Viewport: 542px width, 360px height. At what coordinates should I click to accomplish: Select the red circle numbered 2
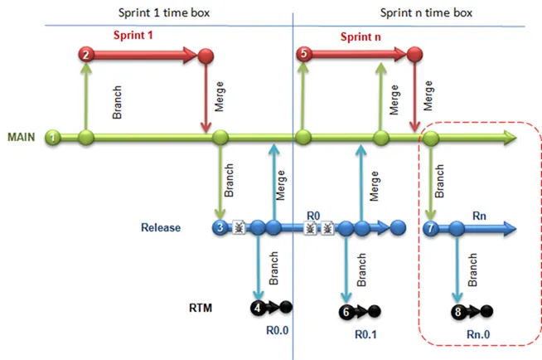86,55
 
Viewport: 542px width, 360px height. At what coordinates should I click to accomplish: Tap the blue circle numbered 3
220,226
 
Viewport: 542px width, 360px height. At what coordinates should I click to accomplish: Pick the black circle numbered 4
259,308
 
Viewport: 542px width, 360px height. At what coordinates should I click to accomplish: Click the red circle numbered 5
304,55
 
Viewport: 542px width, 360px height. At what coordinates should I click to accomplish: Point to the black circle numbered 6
346,312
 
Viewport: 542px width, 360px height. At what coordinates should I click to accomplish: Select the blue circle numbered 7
431,227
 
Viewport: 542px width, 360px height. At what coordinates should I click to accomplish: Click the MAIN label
22,137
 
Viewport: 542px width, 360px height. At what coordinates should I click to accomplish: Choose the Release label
161,226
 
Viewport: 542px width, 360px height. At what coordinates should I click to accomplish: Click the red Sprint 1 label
135,37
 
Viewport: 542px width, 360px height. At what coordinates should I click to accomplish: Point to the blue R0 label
313,213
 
